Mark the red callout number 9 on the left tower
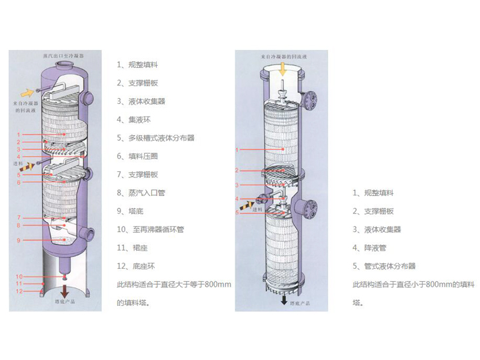tap(19, 240)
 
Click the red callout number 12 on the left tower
tap(19, 291)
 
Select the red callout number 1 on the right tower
tap(237, 151)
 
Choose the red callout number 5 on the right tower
tap(237, 213)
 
